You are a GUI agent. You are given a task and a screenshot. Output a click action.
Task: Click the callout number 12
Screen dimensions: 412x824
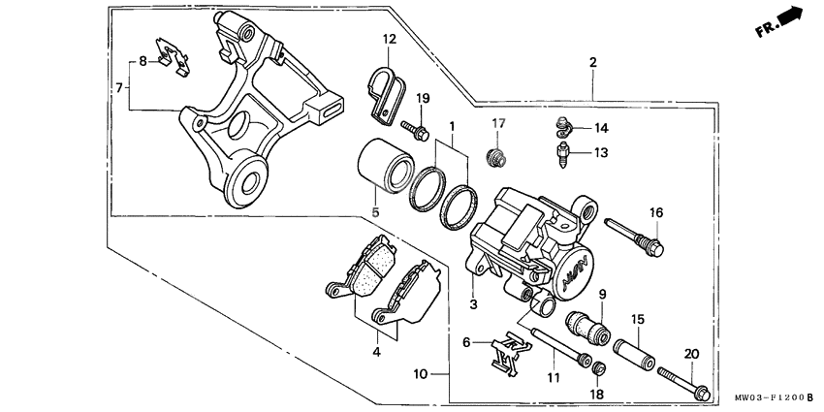tap(389, 40)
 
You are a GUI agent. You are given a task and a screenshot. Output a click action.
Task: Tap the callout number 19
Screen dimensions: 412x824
tap(423, 99)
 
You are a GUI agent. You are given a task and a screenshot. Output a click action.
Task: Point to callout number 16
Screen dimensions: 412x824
tap(655, 213)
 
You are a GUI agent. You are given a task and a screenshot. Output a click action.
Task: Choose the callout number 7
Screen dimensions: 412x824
tap(121, 88)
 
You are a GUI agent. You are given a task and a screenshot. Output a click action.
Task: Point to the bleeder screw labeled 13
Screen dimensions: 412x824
tap(562, 152)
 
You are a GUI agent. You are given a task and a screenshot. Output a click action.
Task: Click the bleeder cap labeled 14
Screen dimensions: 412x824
tap(562, 125)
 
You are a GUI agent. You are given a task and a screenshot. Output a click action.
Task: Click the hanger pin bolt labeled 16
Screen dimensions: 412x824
tap(632, 238)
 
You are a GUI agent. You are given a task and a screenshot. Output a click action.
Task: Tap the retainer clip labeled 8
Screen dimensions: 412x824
tap(173, 55)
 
